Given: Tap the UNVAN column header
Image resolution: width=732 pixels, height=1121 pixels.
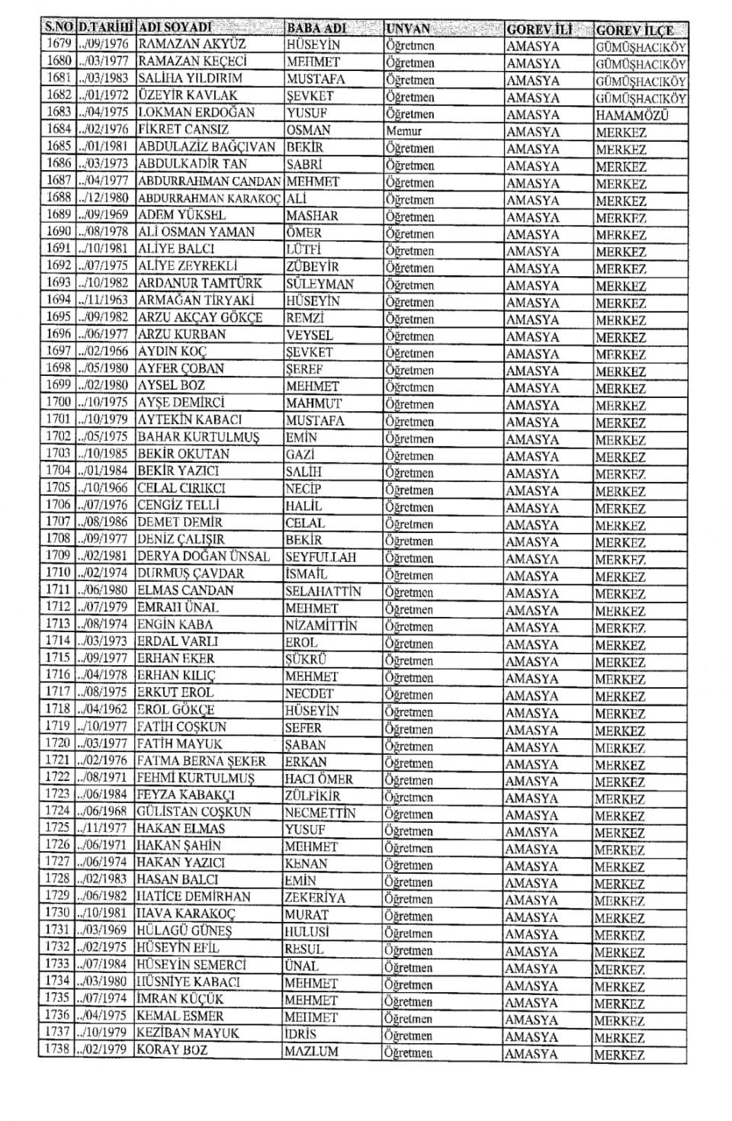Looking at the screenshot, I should coord(408,29).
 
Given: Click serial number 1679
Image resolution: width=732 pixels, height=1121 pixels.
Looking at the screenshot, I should coord(59,44).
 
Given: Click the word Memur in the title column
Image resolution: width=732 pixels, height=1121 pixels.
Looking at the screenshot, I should coord(404,131).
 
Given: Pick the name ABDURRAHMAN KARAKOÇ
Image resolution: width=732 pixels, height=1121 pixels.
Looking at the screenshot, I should coord(210,199).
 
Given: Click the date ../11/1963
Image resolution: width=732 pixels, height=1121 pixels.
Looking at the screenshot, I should coord(104,300).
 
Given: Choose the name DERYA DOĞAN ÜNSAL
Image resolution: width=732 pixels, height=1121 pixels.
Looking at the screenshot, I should coord(204,557).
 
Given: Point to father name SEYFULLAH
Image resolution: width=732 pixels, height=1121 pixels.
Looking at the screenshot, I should coord(320,557).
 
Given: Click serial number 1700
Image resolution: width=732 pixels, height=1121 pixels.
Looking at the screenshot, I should coord(59,402).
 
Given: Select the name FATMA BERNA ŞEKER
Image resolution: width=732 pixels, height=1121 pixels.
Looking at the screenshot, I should coord(201,761).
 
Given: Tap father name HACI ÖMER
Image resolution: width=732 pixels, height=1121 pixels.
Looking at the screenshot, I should coord(319,779).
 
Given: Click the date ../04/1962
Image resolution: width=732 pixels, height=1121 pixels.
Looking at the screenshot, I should coord(104,710).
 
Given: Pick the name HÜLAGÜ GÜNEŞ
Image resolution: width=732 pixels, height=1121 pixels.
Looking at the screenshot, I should coord(184,931).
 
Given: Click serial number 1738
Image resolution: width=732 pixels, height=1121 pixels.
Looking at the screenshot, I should coord(57,1050).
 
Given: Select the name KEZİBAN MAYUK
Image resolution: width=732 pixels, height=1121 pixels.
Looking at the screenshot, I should coord(188,1033).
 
